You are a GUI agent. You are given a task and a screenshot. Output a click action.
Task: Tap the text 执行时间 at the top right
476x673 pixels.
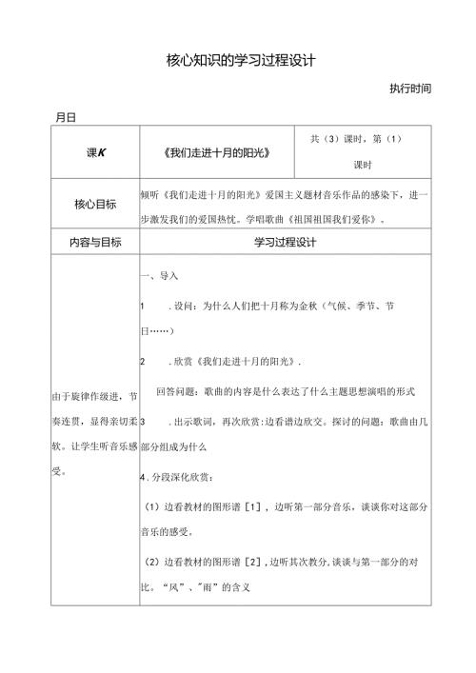point(410,89)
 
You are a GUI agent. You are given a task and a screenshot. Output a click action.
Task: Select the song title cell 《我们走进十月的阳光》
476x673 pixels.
point(217,152)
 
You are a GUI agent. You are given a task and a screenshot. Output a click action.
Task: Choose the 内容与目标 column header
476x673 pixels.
point(96,243)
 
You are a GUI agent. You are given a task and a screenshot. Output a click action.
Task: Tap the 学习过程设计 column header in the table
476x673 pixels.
point(285,243)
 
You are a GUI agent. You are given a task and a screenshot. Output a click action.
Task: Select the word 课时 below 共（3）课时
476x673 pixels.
point(362,165)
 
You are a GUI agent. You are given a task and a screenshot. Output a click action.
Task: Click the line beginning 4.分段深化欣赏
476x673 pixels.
point(180,475)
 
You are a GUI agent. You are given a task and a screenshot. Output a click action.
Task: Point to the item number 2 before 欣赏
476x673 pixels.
point(142,363)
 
